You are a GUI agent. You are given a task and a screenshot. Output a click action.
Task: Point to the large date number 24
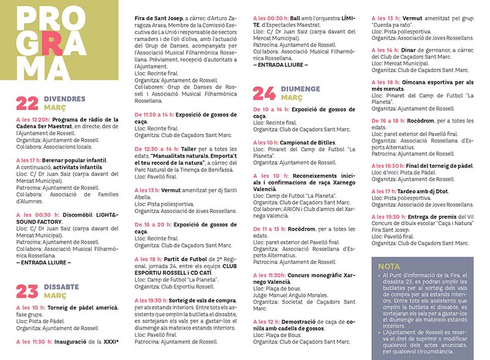click(264, 93)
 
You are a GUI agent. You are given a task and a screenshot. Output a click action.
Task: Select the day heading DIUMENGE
click(301, 89)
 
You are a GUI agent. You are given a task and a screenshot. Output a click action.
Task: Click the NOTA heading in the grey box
click(389, 266)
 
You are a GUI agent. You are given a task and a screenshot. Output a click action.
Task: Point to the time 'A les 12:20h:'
click(33, 120)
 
